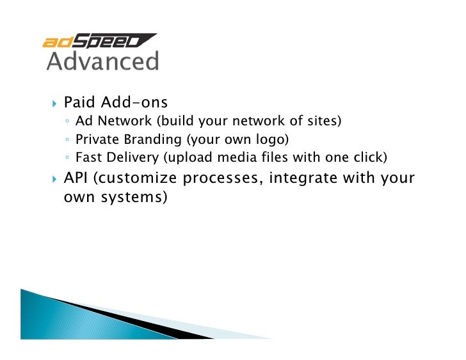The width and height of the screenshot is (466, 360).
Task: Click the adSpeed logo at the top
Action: point(99,41)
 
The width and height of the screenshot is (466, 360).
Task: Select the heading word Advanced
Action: point(102,61)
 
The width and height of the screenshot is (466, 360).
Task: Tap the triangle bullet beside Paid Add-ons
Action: point(54,103)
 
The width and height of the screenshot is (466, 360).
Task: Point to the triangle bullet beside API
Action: point(54,178)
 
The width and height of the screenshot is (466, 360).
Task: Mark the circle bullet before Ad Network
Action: point(68,121)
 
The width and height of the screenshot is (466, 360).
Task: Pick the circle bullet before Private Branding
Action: point(68,140)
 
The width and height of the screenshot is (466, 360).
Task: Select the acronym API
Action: point(77,178)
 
